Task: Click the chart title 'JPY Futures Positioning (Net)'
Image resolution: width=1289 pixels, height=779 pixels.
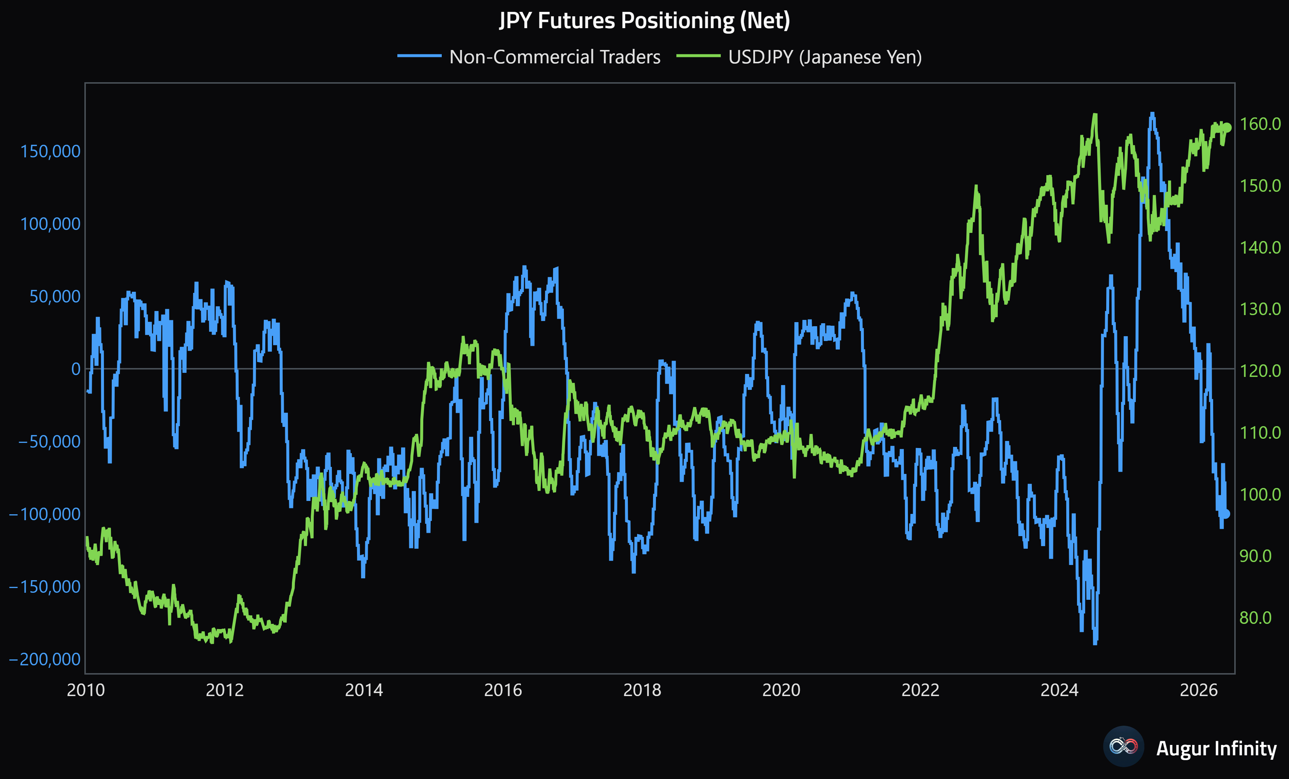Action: point(644,21)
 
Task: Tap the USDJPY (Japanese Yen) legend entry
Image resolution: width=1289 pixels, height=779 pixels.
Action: point(799,57)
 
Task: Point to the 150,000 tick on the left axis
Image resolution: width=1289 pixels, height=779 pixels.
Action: point(50,151)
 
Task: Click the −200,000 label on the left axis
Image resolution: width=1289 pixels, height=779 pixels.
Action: point(45,659)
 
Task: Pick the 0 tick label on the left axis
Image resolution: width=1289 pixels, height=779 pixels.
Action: point(76,369)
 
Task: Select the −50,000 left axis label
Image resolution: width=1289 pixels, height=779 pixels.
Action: point(50,441)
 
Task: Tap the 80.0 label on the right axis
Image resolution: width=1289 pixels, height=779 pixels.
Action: point(1256,618)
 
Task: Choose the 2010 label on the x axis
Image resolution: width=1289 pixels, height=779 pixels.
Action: point(86,690)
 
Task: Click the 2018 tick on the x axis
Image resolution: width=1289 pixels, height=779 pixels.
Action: point(642,690)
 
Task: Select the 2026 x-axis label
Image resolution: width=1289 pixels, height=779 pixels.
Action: point(1198,690)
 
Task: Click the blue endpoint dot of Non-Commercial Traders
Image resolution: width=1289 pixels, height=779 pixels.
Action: point(1225,514)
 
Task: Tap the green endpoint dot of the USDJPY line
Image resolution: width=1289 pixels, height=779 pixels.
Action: point(1227,127)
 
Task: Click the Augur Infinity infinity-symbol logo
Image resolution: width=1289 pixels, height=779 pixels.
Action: point(1123,746)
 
